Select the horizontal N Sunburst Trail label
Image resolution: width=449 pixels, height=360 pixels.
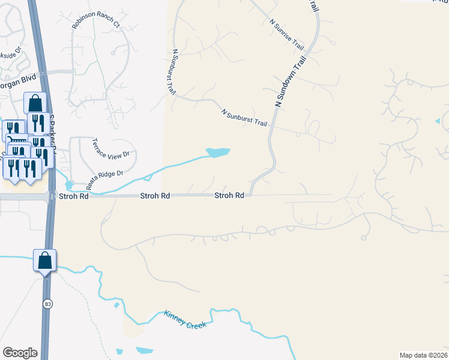[x=244, y=117]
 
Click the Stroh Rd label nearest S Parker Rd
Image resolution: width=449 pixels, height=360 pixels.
[x=73, y=196]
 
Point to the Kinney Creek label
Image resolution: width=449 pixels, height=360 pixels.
[x=185, y=319]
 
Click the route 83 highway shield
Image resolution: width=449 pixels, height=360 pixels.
[x=47, y=304]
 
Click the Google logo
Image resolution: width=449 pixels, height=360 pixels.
[x=20, y=353]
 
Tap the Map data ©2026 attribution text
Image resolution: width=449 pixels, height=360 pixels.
[x=423, y=355]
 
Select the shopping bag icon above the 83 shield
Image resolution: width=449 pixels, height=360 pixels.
[x=44, y=262]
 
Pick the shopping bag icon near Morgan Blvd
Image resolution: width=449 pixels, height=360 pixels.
[x=35, y=102]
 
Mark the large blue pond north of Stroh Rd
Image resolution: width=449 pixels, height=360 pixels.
[x=217, y=152]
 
